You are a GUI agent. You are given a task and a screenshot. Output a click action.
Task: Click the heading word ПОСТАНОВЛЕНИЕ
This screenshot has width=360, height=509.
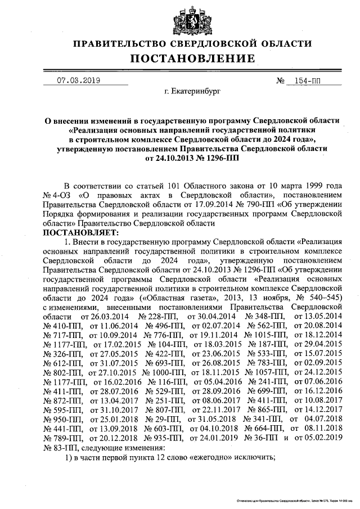(192, 59)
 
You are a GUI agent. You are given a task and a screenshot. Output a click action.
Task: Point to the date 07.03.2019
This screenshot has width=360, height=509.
(78, 80)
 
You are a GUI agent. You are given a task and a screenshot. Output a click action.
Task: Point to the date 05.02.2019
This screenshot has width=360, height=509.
(322, 437)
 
